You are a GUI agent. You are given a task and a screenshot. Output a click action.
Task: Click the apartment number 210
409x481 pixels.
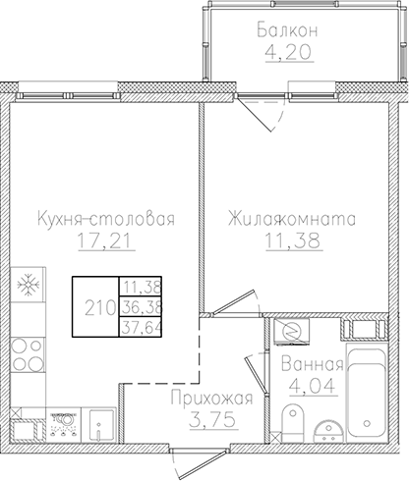coord(95,305)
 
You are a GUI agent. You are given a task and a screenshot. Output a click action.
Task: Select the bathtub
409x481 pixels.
coord(371,393)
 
